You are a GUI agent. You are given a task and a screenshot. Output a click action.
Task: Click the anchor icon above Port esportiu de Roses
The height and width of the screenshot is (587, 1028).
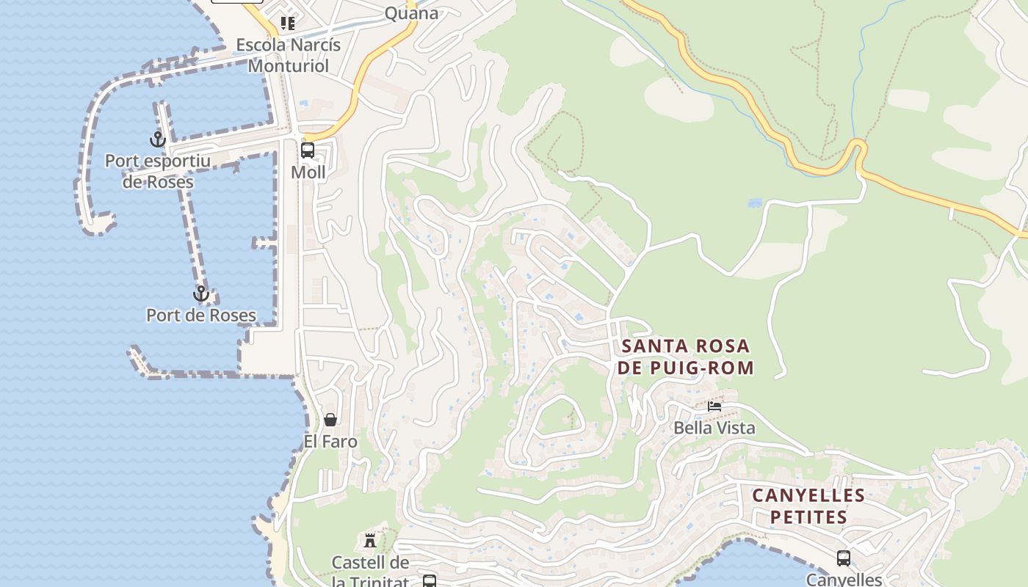(158, 139)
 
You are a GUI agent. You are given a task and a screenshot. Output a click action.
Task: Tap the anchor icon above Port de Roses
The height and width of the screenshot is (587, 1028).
(201, 293)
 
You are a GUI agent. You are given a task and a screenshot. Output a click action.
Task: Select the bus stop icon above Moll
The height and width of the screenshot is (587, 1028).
(308, 150)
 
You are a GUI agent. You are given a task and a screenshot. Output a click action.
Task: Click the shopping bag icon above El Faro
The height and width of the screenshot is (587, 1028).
(330, 420)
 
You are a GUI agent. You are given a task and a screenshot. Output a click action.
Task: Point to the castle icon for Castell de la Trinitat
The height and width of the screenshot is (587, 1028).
(370, 542)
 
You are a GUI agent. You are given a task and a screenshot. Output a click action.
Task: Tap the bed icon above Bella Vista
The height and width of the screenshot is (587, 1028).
(714, 406)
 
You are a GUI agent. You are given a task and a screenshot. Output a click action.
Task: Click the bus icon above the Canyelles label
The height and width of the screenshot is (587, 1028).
(844, 558)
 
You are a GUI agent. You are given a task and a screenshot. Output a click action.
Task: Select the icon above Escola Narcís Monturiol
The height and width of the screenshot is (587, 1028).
(288, 23)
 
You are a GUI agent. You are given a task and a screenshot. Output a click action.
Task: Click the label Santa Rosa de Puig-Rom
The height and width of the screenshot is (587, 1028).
(685, 357)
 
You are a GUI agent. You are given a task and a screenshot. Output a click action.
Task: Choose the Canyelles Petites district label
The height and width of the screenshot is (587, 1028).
(808, 506)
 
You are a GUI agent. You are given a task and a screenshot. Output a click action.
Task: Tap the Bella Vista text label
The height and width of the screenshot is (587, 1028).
(714, 428)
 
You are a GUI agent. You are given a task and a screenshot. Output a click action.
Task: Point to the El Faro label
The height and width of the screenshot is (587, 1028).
(330, 442)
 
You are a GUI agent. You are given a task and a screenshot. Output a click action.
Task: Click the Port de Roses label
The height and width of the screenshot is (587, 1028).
(201, 316)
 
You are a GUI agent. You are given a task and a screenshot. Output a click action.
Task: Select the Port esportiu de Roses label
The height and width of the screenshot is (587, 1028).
(158, 171)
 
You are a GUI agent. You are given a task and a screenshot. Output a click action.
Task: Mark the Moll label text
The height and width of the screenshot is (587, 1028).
(308, 172)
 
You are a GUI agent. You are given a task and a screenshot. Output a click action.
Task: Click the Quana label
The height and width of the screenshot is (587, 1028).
(411, 13)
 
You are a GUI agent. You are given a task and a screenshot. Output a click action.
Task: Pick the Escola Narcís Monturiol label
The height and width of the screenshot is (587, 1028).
(288, 55)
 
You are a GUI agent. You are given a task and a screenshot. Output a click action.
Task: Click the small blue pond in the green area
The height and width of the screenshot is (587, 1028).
(754, 203)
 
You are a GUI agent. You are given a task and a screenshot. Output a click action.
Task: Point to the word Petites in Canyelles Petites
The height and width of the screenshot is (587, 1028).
(808, 517)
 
